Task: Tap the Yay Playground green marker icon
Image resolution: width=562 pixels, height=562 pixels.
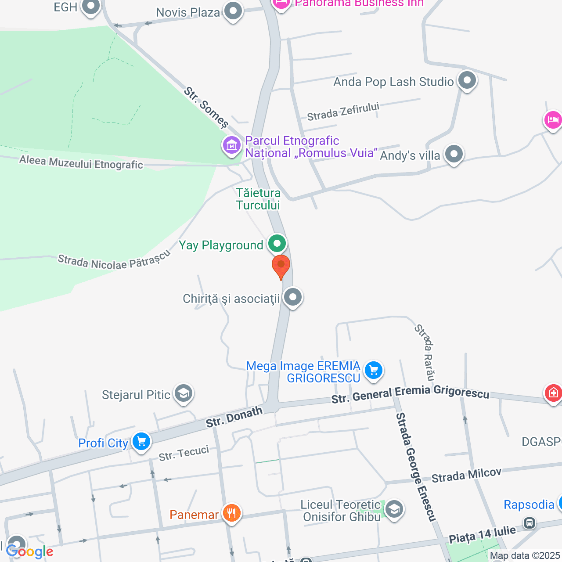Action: tap(277, 243)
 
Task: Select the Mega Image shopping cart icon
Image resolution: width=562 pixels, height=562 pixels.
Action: tap(374, 370)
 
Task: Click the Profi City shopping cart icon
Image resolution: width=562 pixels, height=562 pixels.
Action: tap(141, 441)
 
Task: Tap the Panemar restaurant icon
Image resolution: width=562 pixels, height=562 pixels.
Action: tap(231, 512)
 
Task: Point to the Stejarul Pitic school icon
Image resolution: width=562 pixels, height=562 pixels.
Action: tap(183, 393)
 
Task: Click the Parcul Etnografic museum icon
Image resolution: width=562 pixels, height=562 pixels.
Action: tap(231, 144)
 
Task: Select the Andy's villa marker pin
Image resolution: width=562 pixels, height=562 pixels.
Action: tap(454, 154)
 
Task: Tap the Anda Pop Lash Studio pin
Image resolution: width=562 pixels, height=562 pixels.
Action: tap(467, 80)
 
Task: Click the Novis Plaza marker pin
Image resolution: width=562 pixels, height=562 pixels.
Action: tap(233, 11)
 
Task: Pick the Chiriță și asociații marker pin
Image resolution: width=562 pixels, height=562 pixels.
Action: tap(292, 297)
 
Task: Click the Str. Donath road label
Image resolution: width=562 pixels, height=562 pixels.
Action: tap(234, 417)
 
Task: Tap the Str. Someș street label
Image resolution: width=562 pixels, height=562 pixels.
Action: tap(206, 107)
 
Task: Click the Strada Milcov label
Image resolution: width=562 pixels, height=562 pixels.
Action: tap(466, 475)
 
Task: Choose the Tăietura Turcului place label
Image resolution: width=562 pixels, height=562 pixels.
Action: tap(258, 199)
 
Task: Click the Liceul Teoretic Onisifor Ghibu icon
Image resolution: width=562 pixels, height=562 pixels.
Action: tap(394, 509)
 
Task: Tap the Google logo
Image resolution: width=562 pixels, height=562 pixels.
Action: tap(29, 552)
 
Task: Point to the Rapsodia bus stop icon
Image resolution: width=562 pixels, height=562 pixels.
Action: tap(530, 522)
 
